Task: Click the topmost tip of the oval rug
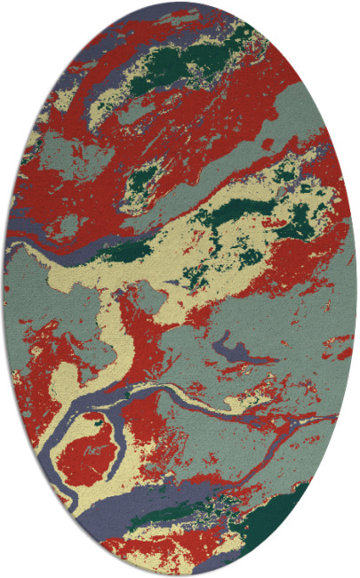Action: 180,3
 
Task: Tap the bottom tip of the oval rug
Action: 180,574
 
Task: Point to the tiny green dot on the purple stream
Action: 130,392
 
